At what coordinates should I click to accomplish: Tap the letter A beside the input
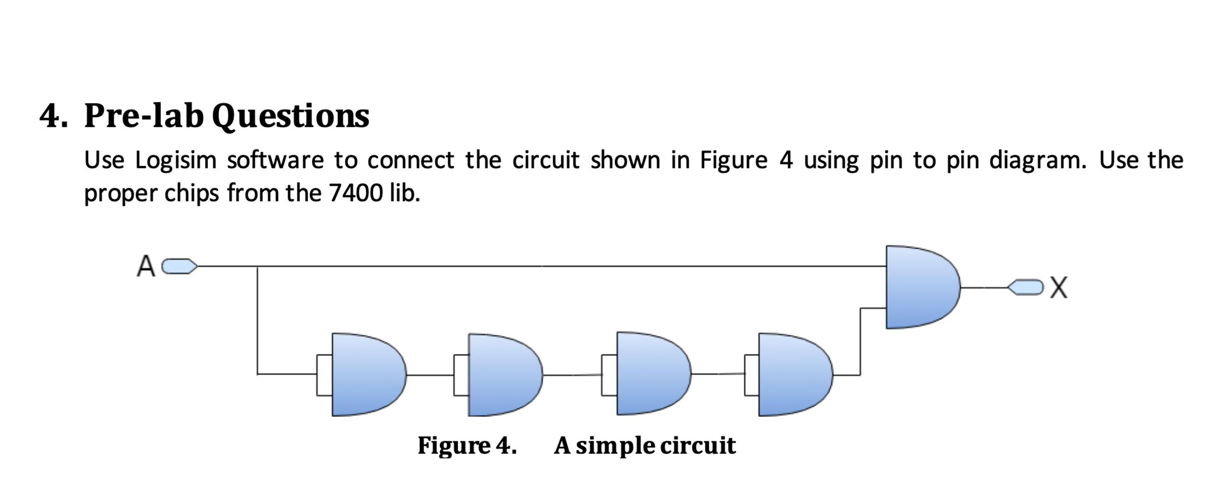pos(146,266)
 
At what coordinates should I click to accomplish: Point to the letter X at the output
pos(1059,287)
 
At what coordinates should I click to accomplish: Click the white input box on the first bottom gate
pos(324,375)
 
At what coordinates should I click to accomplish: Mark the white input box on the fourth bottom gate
pos(752,375)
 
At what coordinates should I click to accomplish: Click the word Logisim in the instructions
pos(176,161)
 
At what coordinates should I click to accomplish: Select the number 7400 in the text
pos(355,193)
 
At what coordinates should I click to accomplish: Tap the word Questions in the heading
pos(290,116)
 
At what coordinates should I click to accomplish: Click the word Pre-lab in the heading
pos(144,116)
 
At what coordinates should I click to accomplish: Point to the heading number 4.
pos(53,116)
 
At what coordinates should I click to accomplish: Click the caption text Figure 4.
pos(467,446)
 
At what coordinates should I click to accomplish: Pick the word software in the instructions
pos(275,161)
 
